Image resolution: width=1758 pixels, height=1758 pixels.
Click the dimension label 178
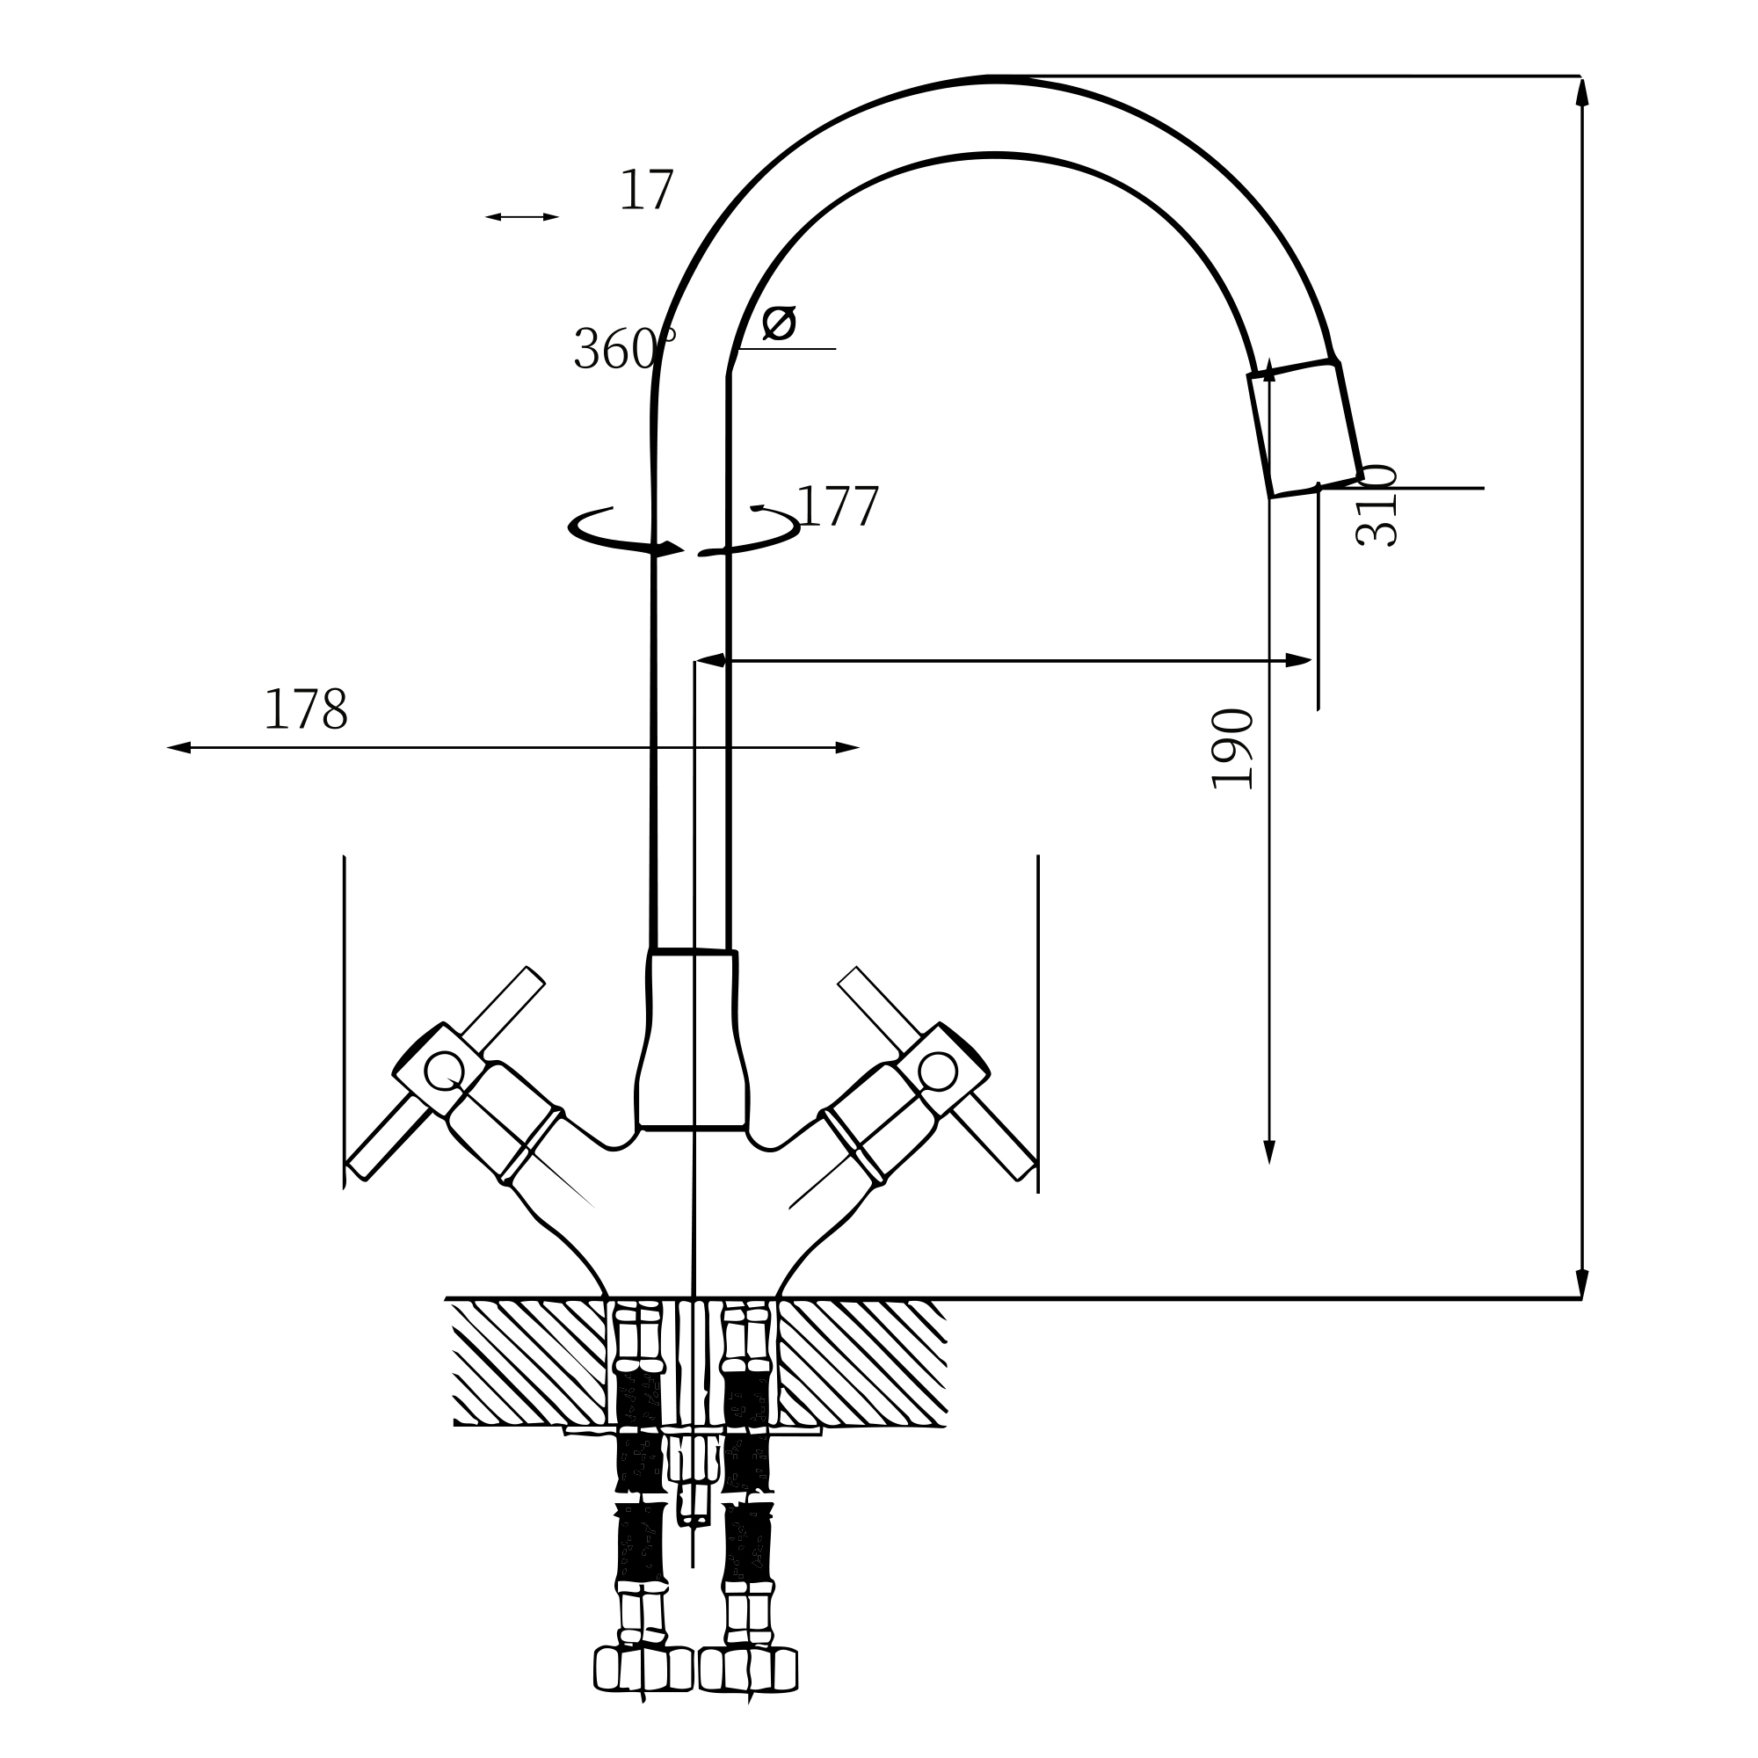coord(306,710)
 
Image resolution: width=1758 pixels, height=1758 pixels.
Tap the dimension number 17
coord(646,191)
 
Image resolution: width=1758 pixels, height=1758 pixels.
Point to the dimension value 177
coord(837,507)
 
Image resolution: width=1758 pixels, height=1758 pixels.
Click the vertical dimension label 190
coord(1233,748)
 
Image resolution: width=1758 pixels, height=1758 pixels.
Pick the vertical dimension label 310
coord(1376,506)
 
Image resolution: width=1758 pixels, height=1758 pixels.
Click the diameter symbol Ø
coord(779,323)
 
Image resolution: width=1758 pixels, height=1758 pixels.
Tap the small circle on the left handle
coord(444,1071)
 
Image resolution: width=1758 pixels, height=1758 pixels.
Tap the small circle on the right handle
coord(937,1071)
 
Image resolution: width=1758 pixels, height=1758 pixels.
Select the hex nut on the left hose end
coord(643,1695)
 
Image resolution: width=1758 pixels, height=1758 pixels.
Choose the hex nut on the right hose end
coord(748,1695)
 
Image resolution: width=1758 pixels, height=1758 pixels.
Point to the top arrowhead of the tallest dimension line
coord(1581,92)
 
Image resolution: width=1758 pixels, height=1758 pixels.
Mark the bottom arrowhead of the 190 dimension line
coord(1269,1152)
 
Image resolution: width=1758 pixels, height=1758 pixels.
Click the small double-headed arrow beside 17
coord(521,216)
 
